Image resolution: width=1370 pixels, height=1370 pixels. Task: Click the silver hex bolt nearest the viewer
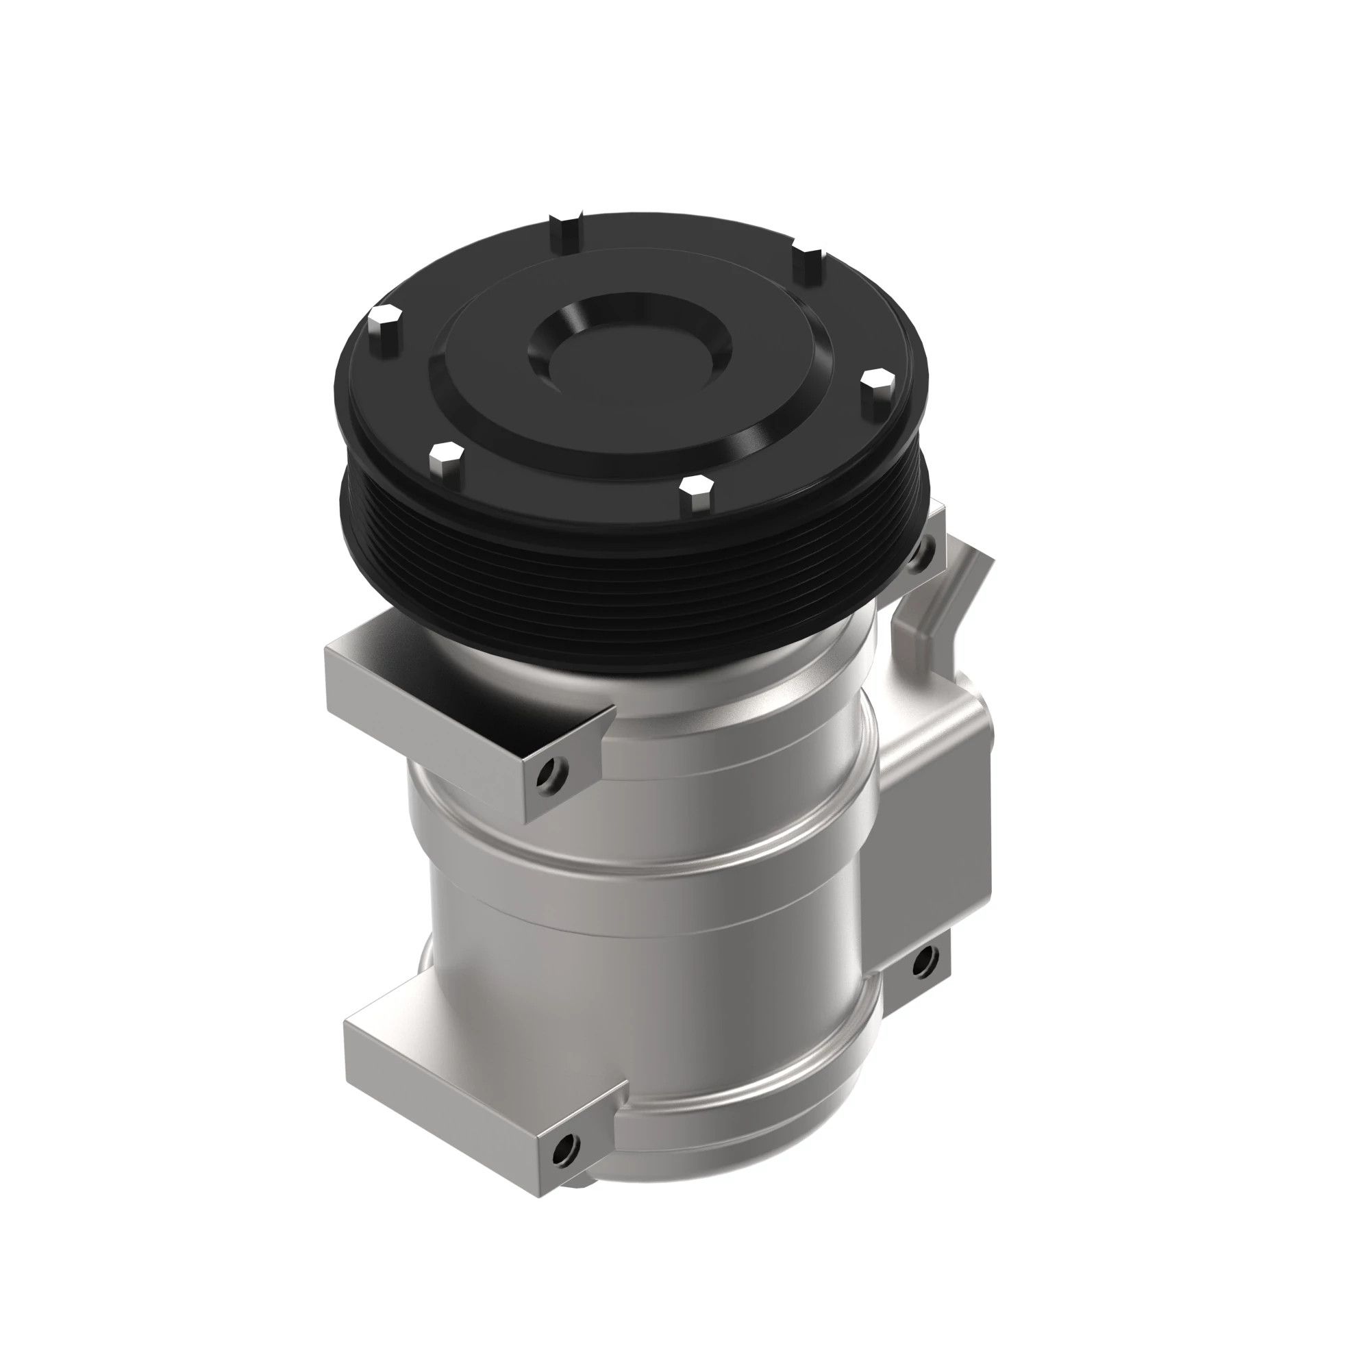pyautogui.click(x=695, y=495)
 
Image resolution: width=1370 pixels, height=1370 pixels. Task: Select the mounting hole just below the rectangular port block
pyautogui.click(x=923, y=963)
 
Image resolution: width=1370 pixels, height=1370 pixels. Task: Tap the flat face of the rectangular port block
pyautogui.click(x=936, y=837)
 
